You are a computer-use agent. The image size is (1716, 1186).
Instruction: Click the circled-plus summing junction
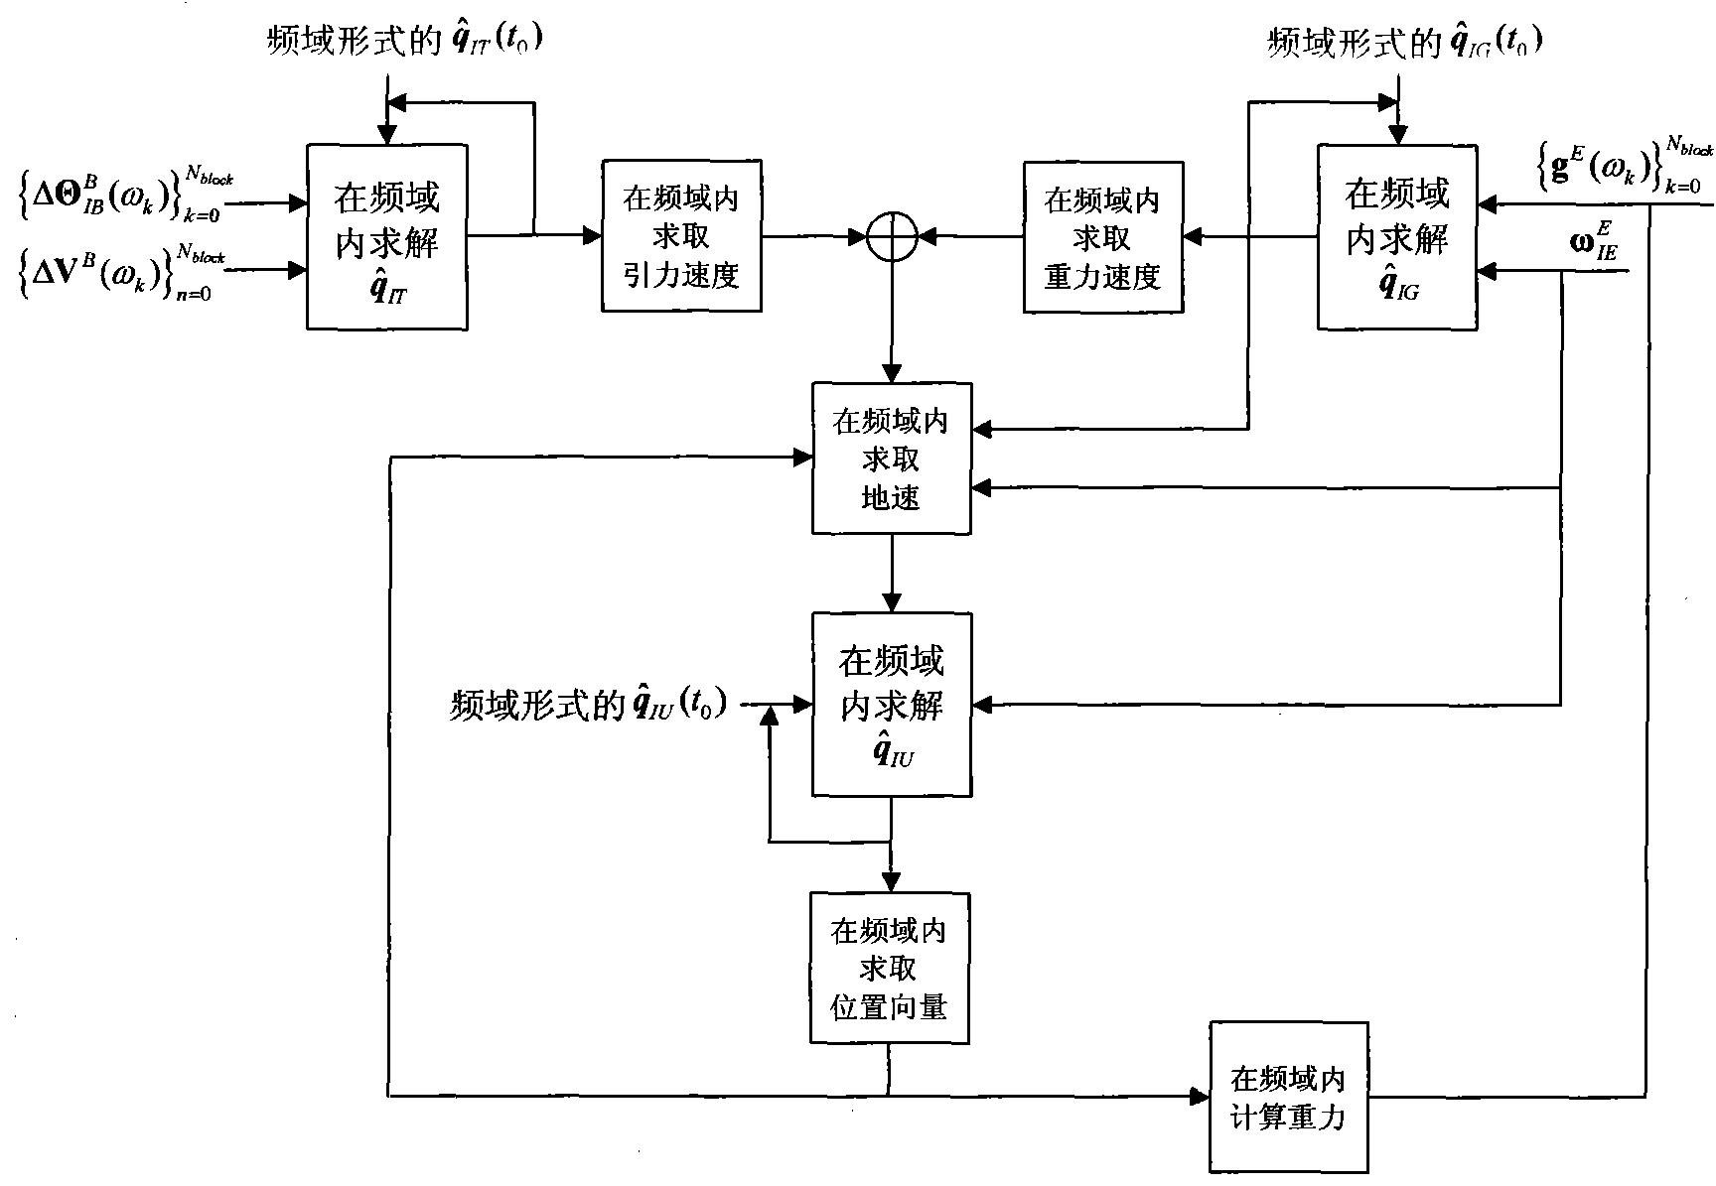[890, 237]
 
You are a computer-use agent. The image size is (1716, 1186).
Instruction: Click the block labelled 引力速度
[681, 236]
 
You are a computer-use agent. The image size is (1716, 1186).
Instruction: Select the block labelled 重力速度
[1102, 237]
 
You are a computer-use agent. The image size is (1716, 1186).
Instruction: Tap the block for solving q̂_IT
[386, 236]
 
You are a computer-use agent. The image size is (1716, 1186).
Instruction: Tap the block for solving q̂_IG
[1396, 236]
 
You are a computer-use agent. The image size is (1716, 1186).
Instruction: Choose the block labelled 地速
[891, 459]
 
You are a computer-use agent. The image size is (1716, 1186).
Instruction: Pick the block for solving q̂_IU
[891, 704]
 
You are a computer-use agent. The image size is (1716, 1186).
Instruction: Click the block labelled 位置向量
[889, 968]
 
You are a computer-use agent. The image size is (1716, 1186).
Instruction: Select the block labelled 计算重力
[1288, 1097]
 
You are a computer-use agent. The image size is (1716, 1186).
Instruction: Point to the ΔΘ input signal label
[124, 195]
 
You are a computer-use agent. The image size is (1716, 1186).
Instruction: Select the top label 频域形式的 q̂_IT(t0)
[405, 41]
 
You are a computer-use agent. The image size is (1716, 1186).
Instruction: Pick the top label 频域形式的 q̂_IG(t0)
[1405, 42]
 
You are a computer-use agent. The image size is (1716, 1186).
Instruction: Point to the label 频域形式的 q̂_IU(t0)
[588, 704]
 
